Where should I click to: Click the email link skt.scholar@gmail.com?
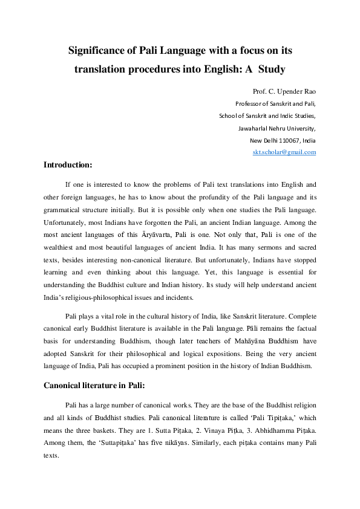[x=284, y=152]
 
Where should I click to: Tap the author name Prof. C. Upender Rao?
[x=284, y=92]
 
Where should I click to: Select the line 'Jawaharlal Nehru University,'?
[x=277, y=128]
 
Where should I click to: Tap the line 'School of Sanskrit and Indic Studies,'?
[x=267, y=116]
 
